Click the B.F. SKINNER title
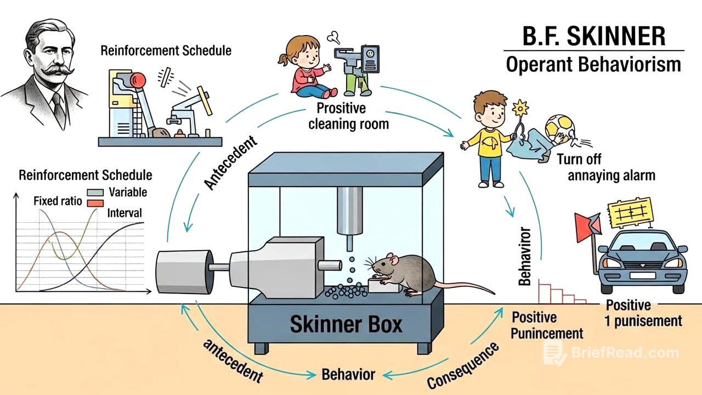pos(594,36)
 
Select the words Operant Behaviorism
pos(593,65)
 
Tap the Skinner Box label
pos(346,324)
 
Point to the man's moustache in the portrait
pos(57,70)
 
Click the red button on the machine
pos(138,80)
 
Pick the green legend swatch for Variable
pos(95,193)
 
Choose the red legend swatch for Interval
pos(95,203)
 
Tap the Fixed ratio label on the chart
pos(58,201)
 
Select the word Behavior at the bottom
pos(348,375)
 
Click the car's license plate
pos(643,275)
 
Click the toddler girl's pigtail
pos(284,60)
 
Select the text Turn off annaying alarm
pos(607,167)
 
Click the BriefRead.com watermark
pos(612,353)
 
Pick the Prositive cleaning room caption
pos(348,116)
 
